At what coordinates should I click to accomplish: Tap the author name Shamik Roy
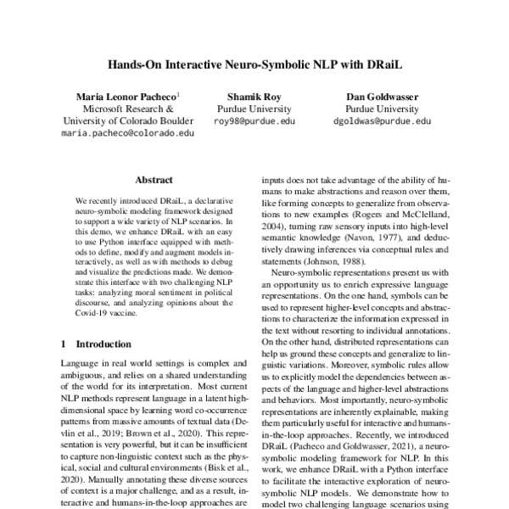click(x=254, y=97)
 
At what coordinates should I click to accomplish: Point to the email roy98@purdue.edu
click(x=254, y=121)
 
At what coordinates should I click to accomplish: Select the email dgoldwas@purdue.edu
click(x=378, y=121)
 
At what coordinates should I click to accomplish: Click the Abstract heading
click(x=154, y=181)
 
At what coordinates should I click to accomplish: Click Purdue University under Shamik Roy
click(x=254, y=109)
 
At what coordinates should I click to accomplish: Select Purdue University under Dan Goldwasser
click(x=378, y=109)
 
